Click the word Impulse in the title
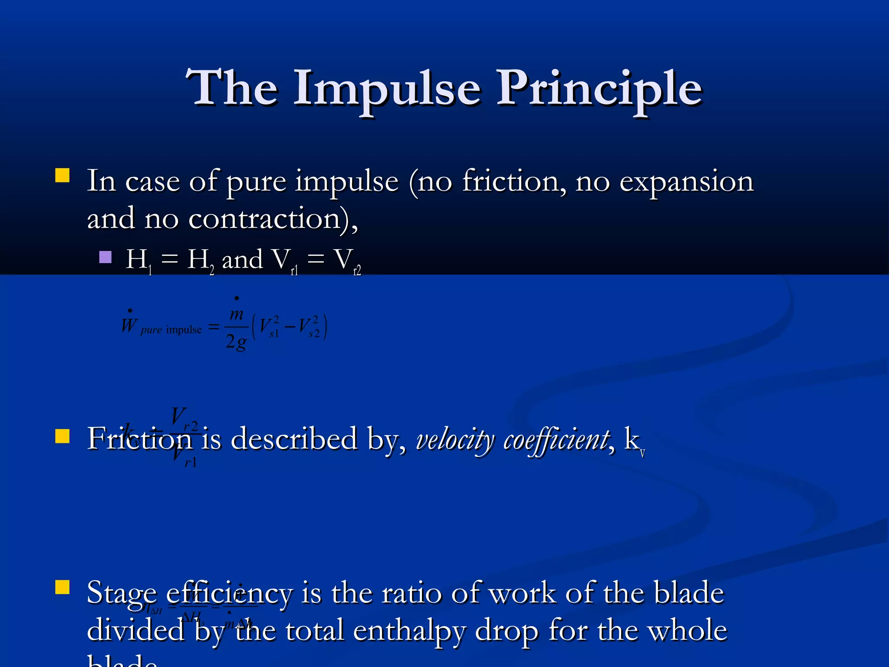[x=386, y=89]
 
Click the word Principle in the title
[x=599, y=89]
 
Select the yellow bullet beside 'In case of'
[x=63, y=175]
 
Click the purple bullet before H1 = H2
[x=105, y=257]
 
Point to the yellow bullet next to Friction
[x=63, y=436]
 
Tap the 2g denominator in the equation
[x=236, y=342]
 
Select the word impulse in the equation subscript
[x=184, y=330]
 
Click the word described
[x=293, y=439]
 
